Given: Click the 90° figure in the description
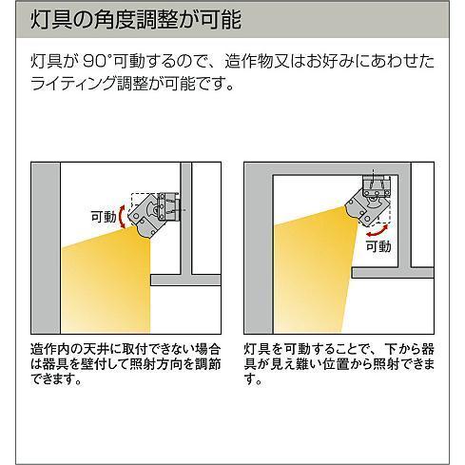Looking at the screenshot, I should [102, 63].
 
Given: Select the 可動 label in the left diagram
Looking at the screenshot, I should [103, 216].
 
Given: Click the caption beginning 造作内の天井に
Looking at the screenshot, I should [125, 363].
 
